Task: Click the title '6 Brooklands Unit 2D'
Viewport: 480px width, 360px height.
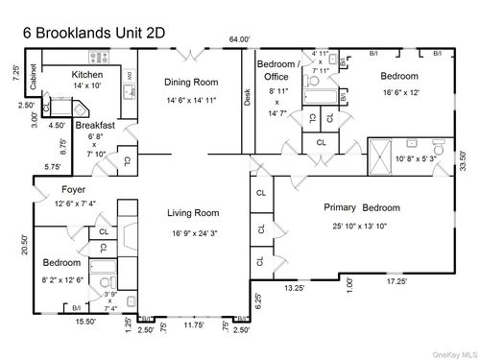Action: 95,32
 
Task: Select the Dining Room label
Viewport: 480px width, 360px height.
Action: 190,82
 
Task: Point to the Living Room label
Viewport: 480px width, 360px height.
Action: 194,213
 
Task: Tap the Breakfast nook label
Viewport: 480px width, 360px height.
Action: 95,125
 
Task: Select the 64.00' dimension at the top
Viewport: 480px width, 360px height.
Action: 239,39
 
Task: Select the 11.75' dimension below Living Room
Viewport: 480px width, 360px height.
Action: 194,325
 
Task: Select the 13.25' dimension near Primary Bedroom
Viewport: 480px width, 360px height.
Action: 294,286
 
